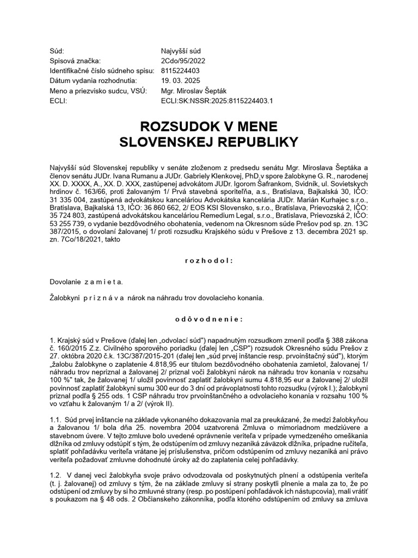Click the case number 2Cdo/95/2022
(x=183, y=60)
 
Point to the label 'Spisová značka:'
(x=75, y=60)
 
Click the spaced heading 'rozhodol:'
(x=209, y=260)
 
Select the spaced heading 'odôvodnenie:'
(x=209, y=319)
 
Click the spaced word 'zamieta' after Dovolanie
(x=103, y=282)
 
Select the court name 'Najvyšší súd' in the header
(x=182, y=51)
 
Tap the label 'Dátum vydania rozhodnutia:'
(x=90, y=81)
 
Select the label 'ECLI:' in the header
(x=58, y=101)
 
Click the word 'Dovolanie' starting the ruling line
(x=66, y=282)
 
